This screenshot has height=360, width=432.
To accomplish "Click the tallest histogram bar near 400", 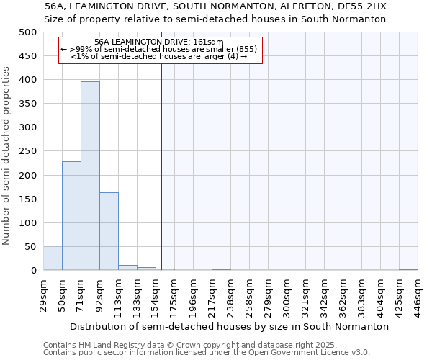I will click(90, 176).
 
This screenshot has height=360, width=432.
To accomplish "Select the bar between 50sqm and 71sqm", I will click(71, 216).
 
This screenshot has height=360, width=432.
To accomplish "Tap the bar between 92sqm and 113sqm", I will click(109, 231).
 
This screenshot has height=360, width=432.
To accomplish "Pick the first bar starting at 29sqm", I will click(53, 258).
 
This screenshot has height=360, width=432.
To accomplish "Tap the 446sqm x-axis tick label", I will click(418, 294).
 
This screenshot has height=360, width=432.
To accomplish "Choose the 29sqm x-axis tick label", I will click(43, 294).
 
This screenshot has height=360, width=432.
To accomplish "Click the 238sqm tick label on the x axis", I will click(230, 294).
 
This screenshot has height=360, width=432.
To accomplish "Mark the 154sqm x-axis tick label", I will click(156, 294).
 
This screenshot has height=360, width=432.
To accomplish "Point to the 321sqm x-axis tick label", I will click(305, 294).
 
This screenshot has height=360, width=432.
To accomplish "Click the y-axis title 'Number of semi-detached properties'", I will click(7, 156).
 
